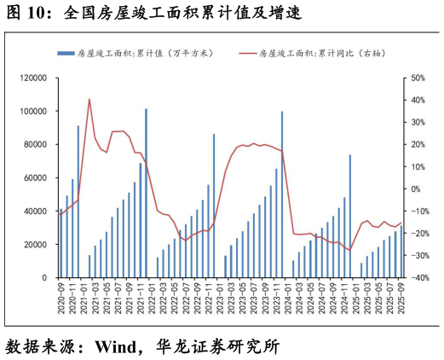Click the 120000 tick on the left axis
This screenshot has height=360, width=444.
pos(35,78)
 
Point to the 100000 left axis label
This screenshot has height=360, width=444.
pos(35,111)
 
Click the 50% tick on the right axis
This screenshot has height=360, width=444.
pos(418,78)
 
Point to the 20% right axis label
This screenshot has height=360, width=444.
pos(418,144)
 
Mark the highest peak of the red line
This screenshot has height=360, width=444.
pos(89,99)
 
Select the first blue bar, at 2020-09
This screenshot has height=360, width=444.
pos(61,244)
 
